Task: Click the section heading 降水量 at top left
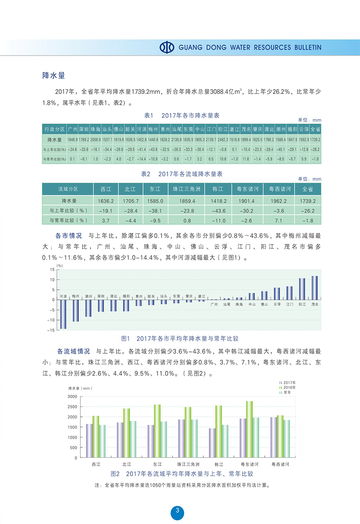54,75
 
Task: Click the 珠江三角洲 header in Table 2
184,189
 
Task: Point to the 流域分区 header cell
68,189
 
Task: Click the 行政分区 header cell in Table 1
54,130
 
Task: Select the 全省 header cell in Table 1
315,130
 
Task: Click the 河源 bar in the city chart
63,314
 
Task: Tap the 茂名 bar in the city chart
315,288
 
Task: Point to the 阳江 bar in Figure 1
302,289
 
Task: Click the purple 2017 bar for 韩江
212,443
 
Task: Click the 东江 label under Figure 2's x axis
157,464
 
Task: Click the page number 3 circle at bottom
177,512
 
